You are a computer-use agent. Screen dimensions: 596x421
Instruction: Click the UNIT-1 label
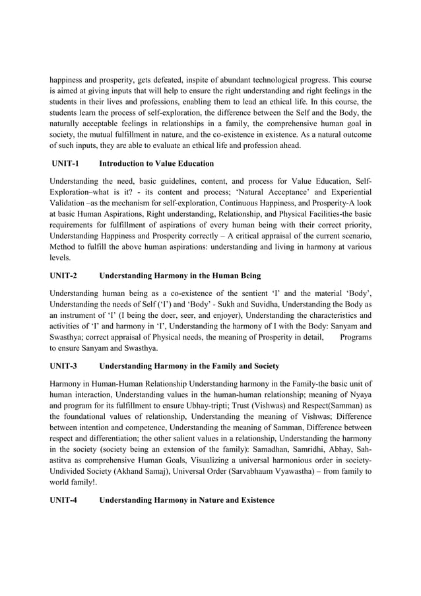click(65, 163)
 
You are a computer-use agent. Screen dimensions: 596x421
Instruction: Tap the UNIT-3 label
click(63, 365)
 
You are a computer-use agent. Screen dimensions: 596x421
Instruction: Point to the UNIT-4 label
click(63, 500)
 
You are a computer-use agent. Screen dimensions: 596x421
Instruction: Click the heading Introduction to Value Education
click(156, 163)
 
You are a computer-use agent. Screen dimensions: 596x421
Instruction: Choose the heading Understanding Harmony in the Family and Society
click(189, 365)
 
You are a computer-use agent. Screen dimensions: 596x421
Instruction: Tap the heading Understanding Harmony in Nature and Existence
click(187, 500)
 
